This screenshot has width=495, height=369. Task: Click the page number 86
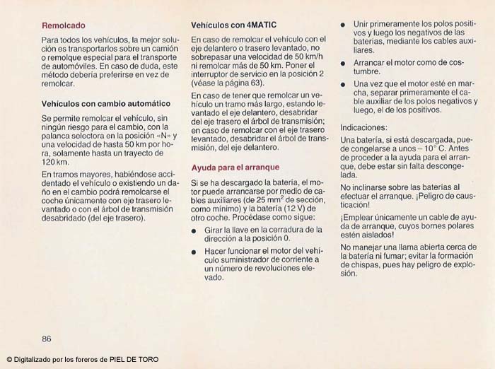(x=47, y=338)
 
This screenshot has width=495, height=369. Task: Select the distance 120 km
(x=54, y=162)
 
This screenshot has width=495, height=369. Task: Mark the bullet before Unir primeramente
(x=343, y=24)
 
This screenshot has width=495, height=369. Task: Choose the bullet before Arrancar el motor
(x=343, y=63)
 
